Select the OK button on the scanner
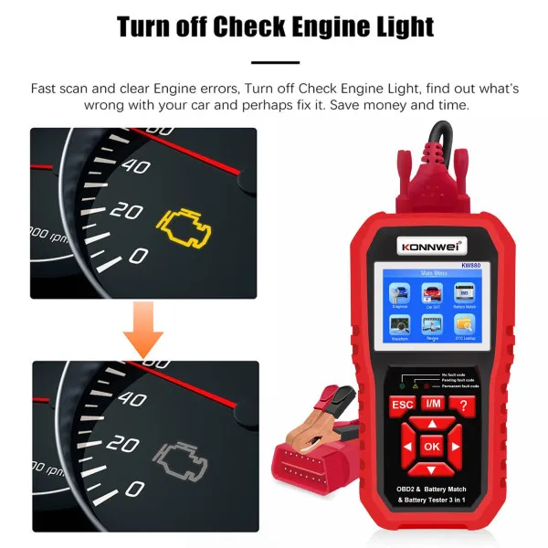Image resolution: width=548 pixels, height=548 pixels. [x=432, y=447]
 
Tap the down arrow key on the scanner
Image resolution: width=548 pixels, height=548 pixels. [x=432, y=469]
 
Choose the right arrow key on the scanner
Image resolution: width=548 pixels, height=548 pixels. [x=458, y=447]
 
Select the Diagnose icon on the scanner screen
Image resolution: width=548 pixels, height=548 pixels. [x=400, y=295]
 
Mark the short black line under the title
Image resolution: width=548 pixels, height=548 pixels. [x=274, y=63]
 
